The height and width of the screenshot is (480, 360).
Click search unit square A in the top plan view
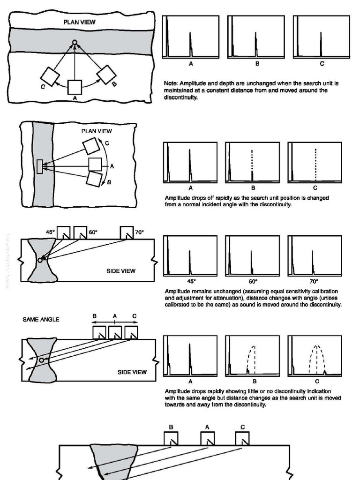[x=75, y=87]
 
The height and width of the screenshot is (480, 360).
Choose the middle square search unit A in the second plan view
[x=95, y=165]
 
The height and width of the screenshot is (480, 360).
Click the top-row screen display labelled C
[x=321, y=37]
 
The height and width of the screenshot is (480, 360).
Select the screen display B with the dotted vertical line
[x=252, y=162]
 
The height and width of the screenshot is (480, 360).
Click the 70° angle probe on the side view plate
[x=127, y=233]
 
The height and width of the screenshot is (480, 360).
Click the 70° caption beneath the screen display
[x=315, y=281]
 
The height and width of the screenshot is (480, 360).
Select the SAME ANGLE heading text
[x=41, y=319]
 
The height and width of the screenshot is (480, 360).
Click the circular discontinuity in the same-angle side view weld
[x=42, y=360]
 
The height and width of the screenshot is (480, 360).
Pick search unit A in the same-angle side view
[x=115, y=333]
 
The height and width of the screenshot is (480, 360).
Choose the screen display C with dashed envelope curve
[x=315, y=356]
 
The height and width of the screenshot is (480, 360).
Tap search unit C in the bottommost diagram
[x=242, y=439]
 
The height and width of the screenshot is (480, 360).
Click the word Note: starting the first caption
[x=171, y=83]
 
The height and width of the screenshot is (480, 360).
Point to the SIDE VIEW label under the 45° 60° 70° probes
[x=121, y=271]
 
